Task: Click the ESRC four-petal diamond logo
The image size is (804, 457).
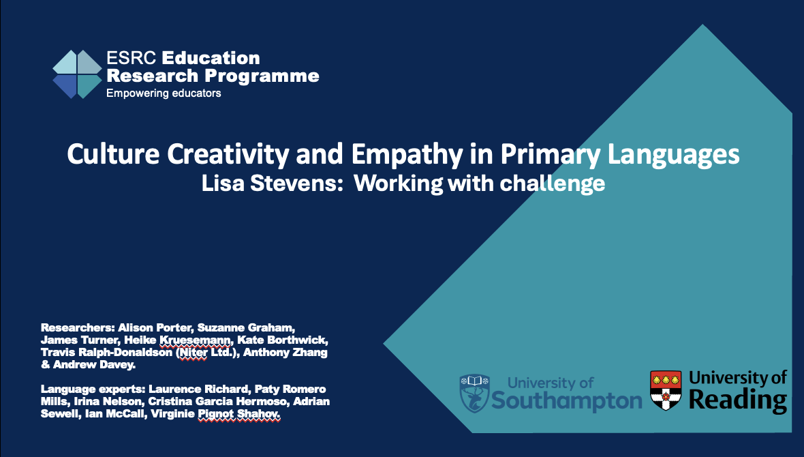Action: pos(78,74)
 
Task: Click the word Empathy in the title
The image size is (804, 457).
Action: pos(407,155)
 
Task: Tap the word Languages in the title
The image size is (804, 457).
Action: pos(673,155)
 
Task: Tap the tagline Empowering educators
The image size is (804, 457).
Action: pos(164,93)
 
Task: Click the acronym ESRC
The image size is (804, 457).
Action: pos(132,58)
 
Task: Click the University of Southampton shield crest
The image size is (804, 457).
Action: pos(474,394)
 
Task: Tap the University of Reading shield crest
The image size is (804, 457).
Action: pos(666,389)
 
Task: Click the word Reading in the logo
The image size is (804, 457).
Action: pos(738,400)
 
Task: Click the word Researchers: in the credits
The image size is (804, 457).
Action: pos(78,327)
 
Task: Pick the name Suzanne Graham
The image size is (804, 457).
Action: pos(246,327)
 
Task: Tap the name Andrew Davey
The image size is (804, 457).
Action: pos(94,364)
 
